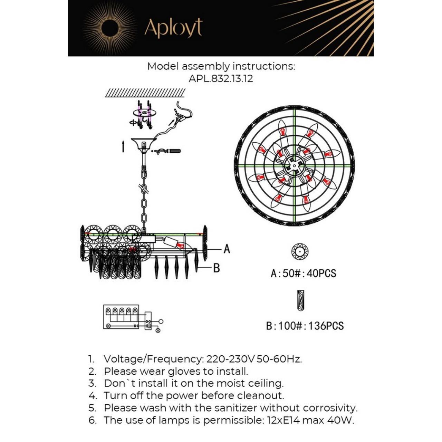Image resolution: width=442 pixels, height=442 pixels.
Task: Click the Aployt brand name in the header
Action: (173, 28)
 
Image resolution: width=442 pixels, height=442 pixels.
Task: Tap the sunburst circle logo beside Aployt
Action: (110, 27)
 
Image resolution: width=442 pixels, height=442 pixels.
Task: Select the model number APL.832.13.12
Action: (221, 79)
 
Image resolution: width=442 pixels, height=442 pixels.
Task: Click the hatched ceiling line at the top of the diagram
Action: (145, 93)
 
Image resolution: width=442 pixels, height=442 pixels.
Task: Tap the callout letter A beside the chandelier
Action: (227, 249)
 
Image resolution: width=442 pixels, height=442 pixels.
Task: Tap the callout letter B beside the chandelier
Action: (217, 268)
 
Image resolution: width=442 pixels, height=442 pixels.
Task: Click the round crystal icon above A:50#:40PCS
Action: (299, 252)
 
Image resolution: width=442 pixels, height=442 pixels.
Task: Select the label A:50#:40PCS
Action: (303, 273)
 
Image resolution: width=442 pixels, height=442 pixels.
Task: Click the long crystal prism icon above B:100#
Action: (301, 300)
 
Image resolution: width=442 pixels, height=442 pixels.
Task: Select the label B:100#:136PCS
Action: (305, 326)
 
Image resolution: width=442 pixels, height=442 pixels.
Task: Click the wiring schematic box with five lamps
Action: (121, 317)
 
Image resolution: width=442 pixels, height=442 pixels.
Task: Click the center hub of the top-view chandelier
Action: (294, 165)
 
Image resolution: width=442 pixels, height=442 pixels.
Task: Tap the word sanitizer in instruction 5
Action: (236, 408)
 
